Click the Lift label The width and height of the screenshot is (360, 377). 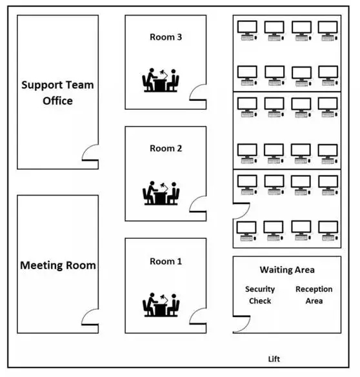(274, 359)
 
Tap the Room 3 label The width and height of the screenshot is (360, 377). (166, 37)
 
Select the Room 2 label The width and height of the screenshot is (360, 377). (166, 148)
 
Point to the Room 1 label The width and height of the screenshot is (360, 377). (166, 261)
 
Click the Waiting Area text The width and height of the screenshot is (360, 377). (287, 270)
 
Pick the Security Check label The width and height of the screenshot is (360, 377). (260, 295)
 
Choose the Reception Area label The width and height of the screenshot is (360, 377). (314, 295)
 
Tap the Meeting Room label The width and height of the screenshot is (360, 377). (58, 265)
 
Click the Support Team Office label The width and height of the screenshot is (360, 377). (57, 93)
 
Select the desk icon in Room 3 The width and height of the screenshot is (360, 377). (161, 80)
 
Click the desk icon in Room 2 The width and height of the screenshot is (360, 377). (161, 193)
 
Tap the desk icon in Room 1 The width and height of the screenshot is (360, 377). (161, 305)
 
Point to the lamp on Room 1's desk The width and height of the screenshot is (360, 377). (164, 298)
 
